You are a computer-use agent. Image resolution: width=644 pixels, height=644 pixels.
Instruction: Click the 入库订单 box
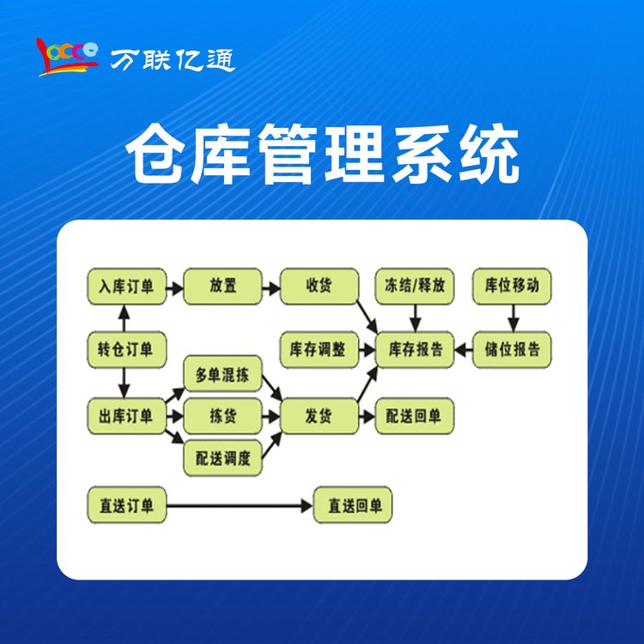pyautogui.click(x=126, y=286)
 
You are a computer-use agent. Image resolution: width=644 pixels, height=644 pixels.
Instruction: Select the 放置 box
pyautogui.click(x=222, y=286)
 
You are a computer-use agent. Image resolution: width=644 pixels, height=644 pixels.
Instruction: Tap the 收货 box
pyautogui.click(x=319, y=286)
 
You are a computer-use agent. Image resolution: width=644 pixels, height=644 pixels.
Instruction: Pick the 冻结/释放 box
pyautogui.click(x=415, y=286)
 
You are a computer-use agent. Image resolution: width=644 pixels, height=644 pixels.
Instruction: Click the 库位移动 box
pyautogui.click(x=512, y=286)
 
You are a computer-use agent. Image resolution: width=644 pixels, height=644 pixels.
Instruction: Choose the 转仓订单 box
pyautogui.click(x=126, y=349)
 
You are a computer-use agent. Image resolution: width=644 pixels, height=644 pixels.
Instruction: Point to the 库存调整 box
pyautogui.click(x=319, y=349)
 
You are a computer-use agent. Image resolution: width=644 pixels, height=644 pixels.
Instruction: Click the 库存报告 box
pyautogui.click(x=415, y=349)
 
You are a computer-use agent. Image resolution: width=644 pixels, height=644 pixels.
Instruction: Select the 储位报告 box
pyautogui.click(x=512, y=349)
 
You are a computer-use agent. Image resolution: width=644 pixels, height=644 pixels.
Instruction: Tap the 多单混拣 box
pyautogui.click(x=222, y=374)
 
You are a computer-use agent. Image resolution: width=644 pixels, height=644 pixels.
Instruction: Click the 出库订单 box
pyautogui.click(x=126, y=416)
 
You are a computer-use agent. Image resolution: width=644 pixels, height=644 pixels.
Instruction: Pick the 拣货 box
pyautogui.click(x=222, y=416)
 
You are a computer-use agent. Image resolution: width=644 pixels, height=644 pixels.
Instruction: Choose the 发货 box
pyautogui.click(x=319, y=416)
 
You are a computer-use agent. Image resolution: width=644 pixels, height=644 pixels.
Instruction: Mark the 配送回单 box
pyautogui.click(x=415, y=416)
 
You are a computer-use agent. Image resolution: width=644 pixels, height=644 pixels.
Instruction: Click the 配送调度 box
pyautogui.click(x=222, y=458)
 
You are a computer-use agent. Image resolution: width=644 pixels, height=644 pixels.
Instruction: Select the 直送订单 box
pyautogui.click(x=126, y=505)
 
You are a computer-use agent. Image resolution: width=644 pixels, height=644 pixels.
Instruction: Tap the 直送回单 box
pyautogui.click(x=353, y=505)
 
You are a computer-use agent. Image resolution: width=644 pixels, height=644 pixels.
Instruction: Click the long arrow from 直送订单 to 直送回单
pyautogui.click(x=240, y=506)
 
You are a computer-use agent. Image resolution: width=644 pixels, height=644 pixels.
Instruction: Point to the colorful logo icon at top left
pyautogui.click(x=68, y=57)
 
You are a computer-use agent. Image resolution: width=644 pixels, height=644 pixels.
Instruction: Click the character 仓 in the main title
pyautogui.click(x=156, y=154)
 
